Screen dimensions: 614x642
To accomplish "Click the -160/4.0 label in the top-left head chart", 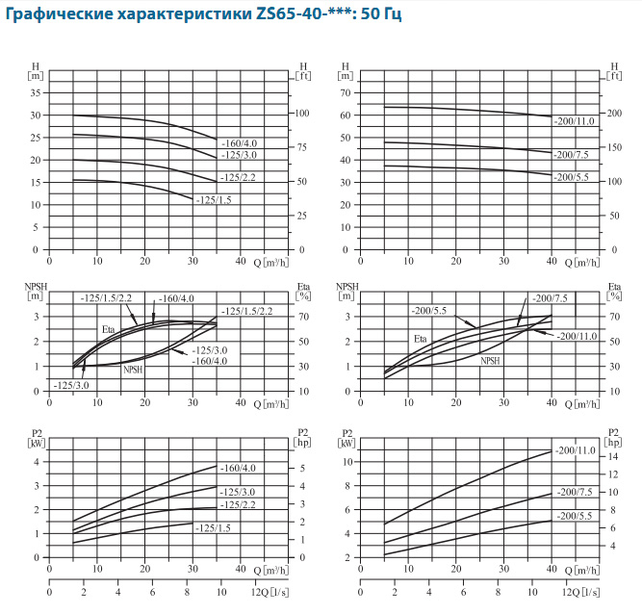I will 239,143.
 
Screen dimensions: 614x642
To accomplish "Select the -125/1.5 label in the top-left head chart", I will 214,200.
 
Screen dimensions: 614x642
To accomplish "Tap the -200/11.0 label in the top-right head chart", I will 575,120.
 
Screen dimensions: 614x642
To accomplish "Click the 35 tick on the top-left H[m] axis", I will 37,92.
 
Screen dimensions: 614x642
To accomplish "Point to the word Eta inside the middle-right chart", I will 421,340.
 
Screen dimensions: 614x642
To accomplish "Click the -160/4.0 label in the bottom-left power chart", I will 239,469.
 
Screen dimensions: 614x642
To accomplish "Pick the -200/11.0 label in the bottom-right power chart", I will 575,450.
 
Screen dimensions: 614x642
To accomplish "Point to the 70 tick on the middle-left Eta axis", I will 304,316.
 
